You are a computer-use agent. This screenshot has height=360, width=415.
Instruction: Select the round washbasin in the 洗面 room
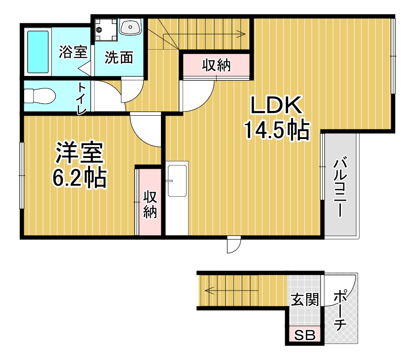(x=130, y=28)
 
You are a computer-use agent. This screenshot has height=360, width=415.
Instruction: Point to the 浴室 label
(x=73, y=52)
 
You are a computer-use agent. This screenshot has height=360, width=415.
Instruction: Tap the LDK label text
(x=276, y=105)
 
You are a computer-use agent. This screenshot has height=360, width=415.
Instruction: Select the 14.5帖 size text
(x=277, y=129)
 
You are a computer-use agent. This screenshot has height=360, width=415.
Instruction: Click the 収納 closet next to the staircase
(x=216, y=65)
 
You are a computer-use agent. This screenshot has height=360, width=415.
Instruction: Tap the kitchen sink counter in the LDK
(x=177, y=199)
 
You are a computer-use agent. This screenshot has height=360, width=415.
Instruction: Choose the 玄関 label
(x=305, y=299)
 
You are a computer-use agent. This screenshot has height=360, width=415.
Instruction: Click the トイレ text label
(x=82, y=98)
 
